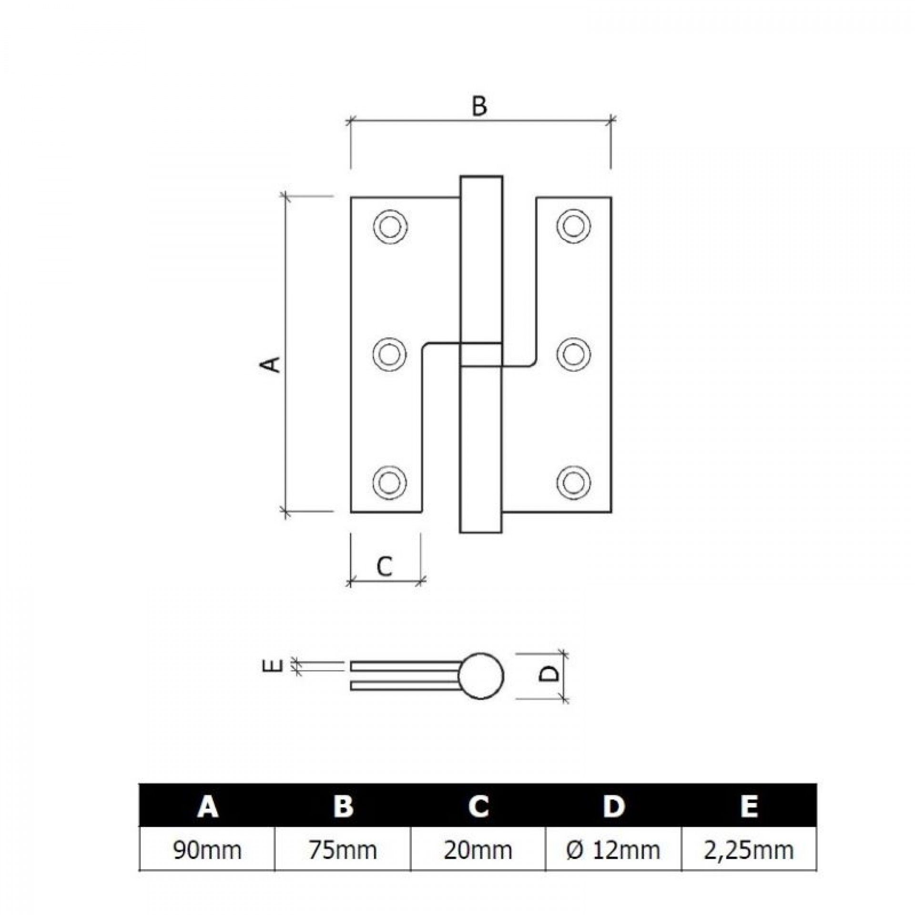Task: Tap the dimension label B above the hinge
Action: coord(479,106)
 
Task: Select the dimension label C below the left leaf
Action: coord(384,567)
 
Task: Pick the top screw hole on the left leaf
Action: coord(390,226)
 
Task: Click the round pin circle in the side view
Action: coord(482,676)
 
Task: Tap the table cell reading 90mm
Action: coord(207,850)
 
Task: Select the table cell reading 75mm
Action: coord(343,850)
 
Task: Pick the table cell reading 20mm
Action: coord(478,850)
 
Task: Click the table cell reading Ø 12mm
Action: coord(614,850)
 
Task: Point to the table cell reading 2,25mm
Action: coord(749,850)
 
